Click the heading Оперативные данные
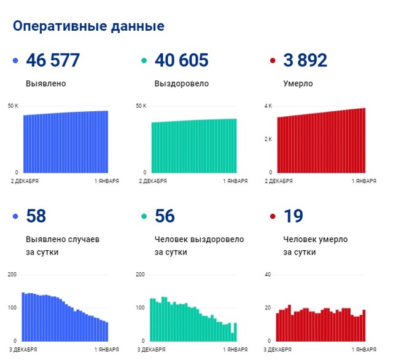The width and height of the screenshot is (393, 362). pyautogui.click(x=88, y=26)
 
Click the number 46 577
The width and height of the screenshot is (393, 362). pyautogui.click(x=53, y=61)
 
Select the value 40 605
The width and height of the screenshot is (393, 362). pyautogui.click(x=181, y=61)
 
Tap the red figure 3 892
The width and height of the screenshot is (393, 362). pyautogui.click(x=305, y=61)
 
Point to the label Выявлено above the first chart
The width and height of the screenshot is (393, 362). pyautogui.click(x=46, y=84)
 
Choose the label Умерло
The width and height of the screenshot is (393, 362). pyautogui.click(x=298, y=84)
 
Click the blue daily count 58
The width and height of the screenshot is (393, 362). pyautogui.click(x=36, y=216)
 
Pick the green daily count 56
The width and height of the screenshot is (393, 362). pyautogui.click(x=165, y=216)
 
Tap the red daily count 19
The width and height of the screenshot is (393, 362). pyautogui.click(x=293, y=216)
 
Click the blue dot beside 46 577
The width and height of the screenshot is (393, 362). pyautogui.click(x=15, y=61)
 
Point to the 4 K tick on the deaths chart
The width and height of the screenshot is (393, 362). pyautogui.click(x=268, y=106)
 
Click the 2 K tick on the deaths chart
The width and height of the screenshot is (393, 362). pyautogui.click(x=268, y=140)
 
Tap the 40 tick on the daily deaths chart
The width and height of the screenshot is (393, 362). pyautogui.click(x=268, y=274)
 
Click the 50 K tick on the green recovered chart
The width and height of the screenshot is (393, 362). pyautogui.click(x=141, y=106)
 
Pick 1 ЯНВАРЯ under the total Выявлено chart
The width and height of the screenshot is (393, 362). pyautogui.click(x=106, y=181)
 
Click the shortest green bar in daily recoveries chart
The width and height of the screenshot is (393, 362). pyautogui.click(x=232, y=337)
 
